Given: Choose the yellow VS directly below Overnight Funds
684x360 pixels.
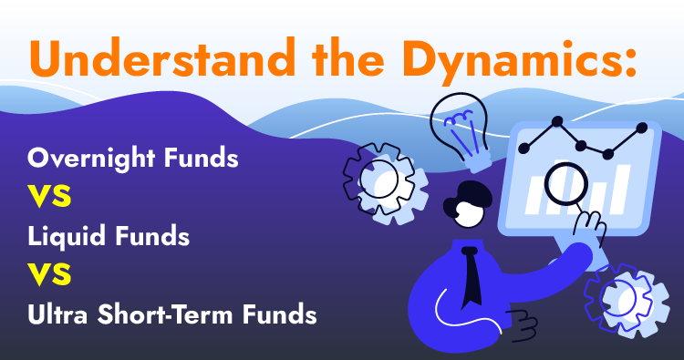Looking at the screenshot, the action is [x=49, y=196].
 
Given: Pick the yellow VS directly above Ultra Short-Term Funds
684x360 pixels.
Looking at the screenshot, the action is [x=49, y=274].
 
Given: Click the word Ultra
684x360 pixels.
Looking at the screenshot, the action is [x=57, y=314].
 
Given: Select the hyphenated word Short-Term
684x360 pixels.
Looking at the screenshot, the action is [x=164, y=314].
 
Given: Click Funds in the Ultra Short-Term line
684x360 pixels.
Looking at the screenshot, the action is [x=280, y=314].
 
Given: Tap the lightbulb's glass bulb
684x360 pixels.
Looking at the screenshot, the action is [x=459, y=124].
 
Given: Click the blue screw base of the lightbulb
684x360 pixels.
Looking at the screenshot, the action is [x=477, y=160].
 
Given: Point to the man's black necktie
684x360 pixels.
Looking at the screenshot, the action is [x=472, y=275].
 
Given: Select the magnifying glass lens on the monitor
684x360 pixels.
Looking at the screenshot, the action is [x=566, y=184].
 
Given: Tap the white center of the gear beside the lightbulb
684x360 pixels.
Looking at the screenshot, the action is [x=379, y=180].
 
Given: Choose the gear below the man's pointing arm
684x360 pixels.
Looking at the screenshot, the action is [x=627, y=300].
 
